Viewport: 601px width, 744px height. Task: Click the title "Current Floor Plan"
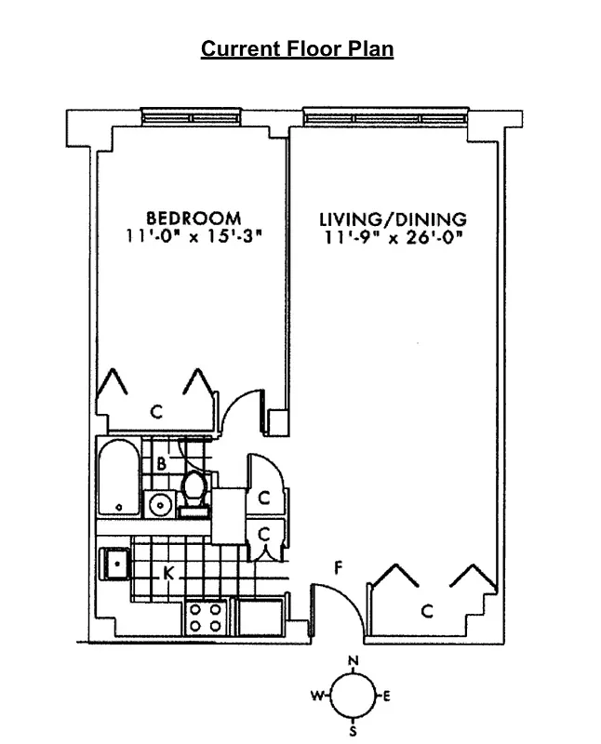point(298,49)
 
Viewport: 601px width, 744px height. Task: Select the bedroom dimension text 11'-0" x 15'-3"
point(194,237)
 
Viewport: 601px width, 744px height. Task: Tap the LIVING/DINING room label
point(393,219)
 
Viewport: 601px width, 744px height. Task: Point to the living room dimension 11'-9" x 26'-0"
point(394,237)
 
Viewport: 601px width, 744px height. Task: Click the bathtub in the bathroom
point(118,477)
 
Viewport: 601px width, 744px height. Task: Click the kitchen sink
point(116,563)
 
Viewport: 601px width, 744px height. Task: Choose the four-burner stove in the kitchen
point(207,617)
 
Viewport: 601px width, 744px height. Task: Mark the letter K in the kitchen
point(168,573)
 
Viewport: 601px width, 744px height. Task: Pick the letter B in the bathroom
point(161,462)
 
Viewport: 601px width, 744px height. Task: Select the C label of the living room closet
point(426,611)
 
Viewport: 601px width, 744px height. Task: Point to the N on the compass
point(353,661)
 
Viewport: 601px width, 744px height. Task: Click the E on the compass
point(386,696)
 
